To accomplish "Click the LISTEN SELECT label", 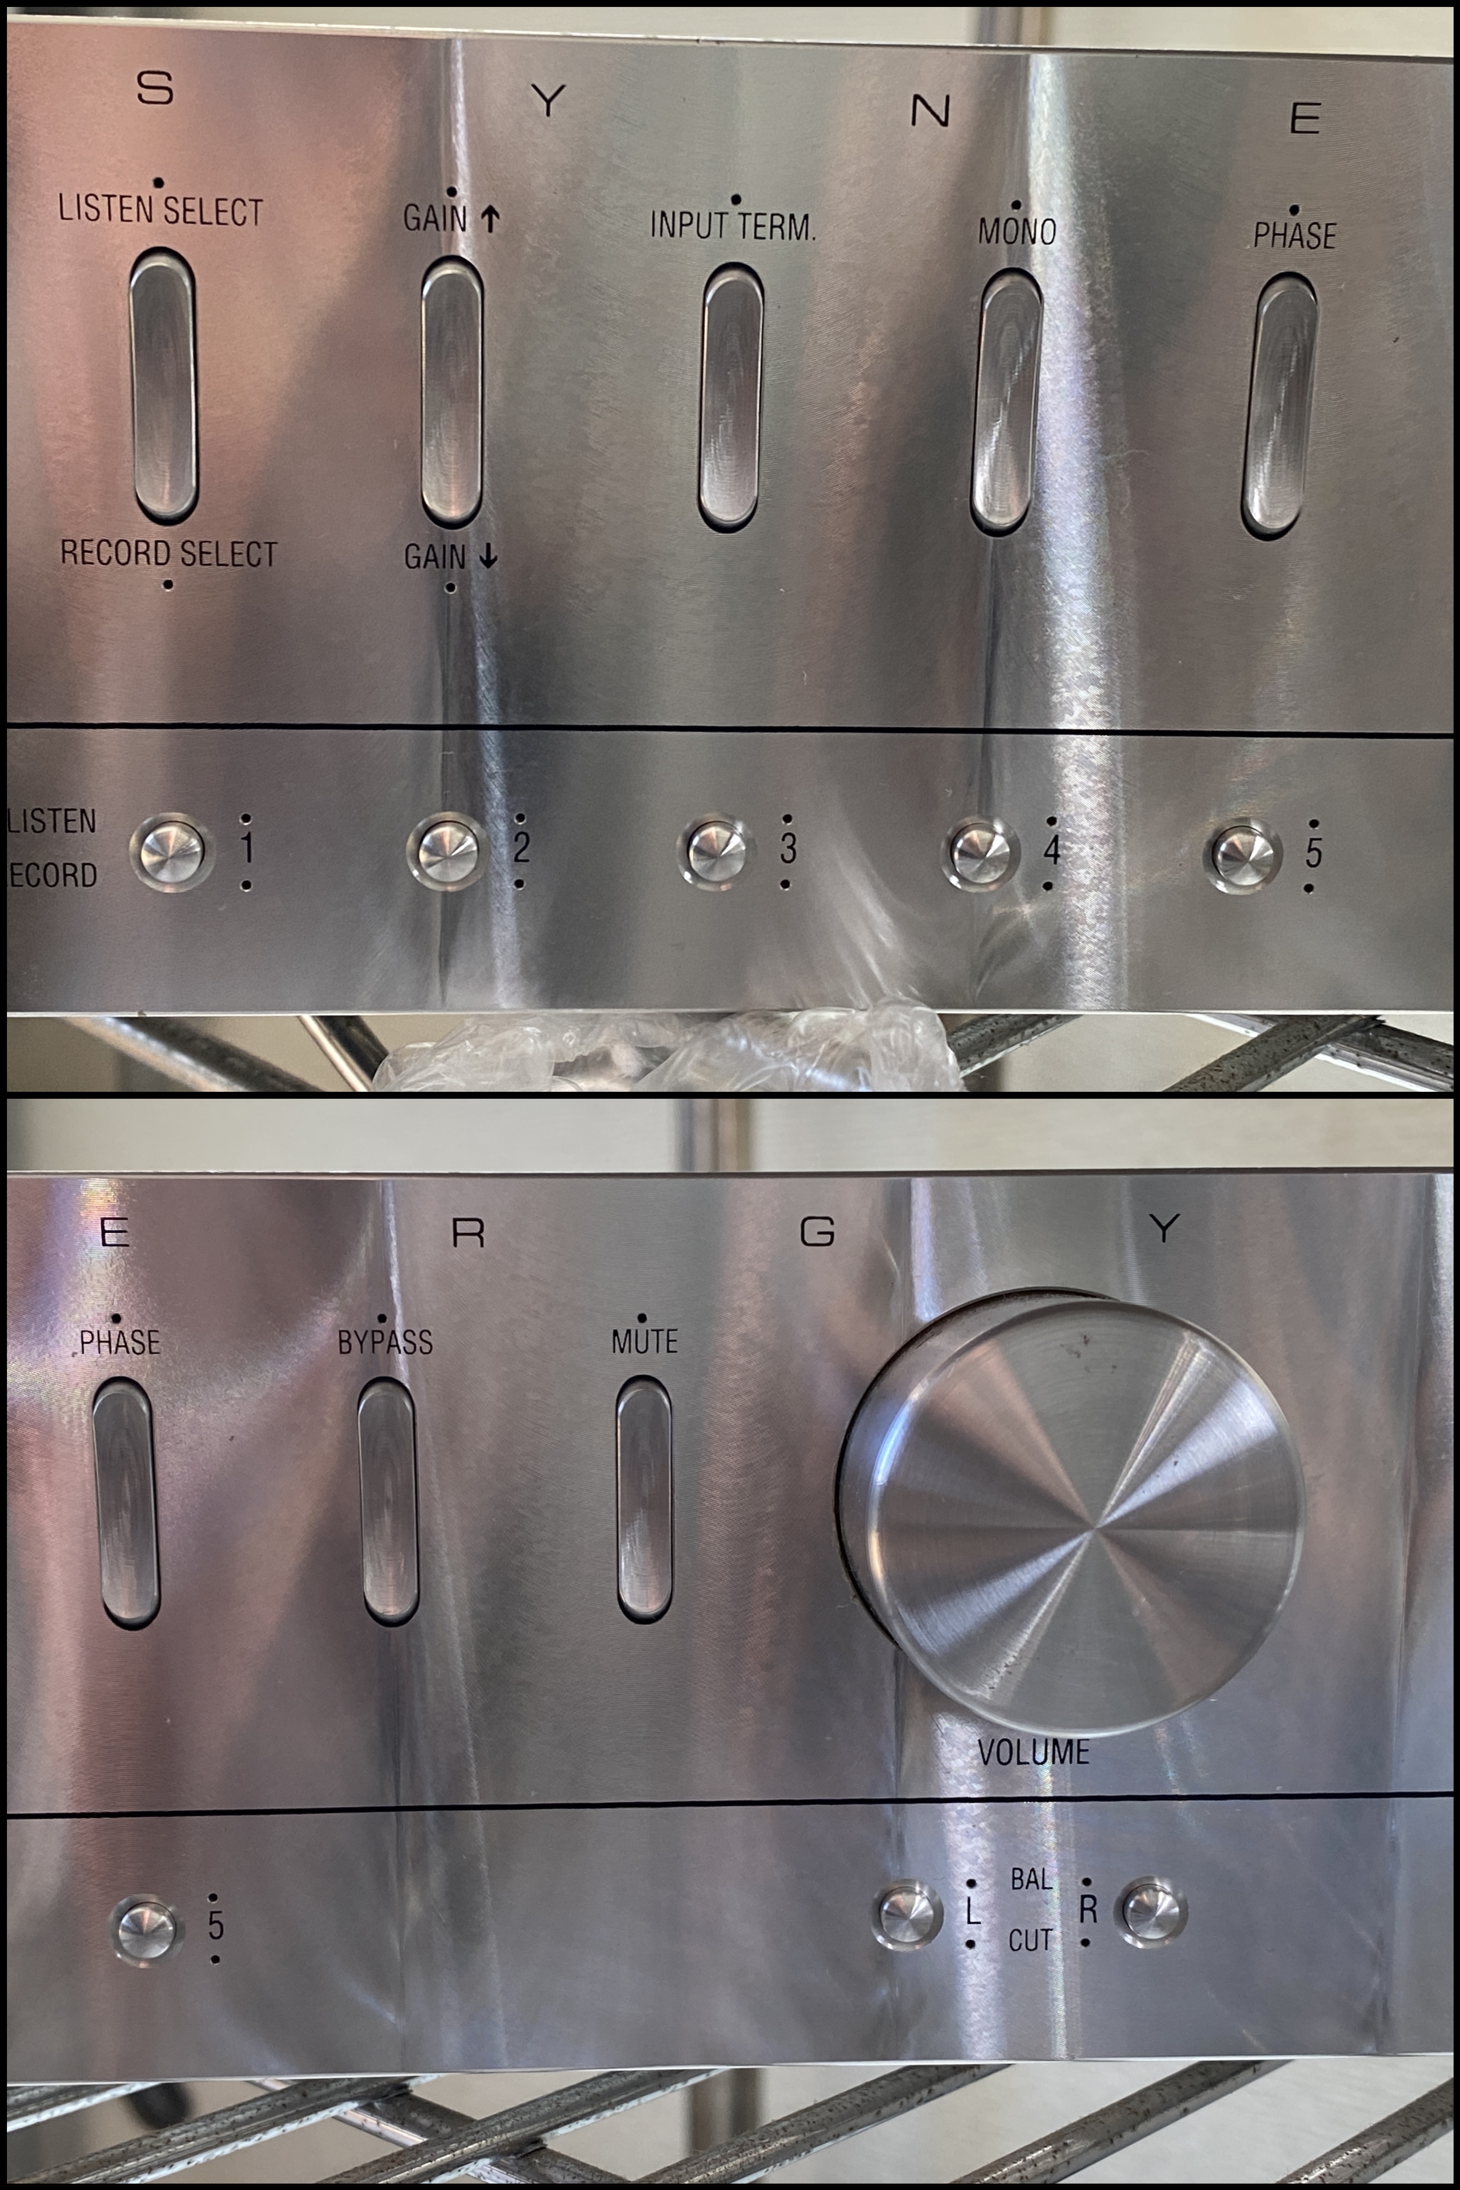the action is click(160, 211).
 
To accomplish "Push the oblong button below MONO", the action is click(1007, 402).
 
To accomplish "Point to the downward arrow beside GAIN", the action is click(488, 556).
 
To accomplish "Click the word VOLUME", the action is click(1033, 1752).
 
